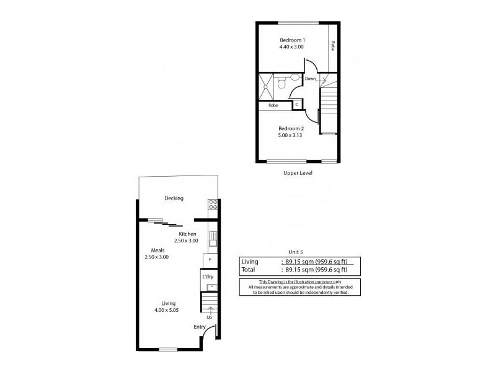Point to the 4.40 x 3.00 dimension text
coord(290,46)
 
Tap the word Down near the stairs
coord(311,79)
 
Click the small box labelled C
coord(297,105)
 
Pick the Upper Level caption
coord(297,174)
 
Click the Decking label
coord(174,198)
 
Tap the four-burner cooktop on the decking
coord(212,204)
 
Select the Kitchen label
coord(188,234)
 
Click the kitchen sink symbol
coord(211,237)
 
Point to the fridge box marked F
coord(211,260)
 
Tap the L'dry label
coord(208,276)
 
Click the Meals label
coord(156,250)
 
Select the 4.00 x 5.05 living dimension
coord(167,310)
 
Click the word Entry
coord(200,327)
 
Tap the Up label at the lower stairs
coord(210,317)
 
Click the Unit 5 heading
coord(296,252)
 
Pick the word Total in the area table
coord(248,270)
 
